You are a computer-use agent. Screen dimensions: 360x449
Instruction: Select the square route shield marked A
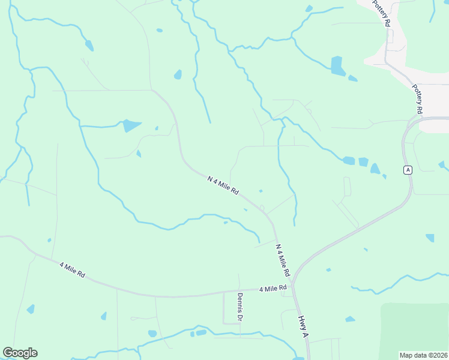tap(408, 170)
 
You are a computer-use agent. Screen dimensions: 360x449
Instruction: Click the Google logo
tap(20, 353)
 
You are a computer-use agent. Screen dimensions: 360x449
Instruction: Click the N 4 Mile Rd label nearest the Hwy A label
tap(283, 260)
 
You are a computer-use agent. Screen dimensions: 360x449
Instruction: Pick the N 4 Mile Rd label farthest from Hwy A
tap(223, 186)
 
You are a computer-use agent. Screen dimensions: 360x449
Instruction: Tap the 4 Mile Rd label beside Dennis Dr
tap(273, 289)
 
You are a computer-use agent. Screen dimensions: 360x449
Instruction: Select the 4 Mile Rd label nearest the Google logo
tap(72, 269)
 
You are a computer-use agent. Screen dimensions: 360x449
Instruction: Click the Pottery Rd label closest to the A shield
tap(418, 99)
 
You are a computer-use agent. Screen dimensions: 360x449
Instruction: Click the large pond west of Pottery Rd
tap(337, 66)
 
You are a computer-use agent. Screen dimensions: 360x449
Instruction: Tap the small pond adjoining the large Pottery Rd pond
tap(352, 78)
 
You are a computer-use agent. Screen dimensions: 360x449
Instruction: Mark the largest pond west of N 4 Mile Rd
tap(130, 125)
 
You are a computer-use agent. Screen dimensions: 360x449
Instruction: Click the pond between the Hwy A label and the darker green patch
tap(350, 319)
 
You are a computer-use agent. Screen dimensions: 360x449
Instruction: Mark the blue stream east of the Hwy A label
tap(390, 282)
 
